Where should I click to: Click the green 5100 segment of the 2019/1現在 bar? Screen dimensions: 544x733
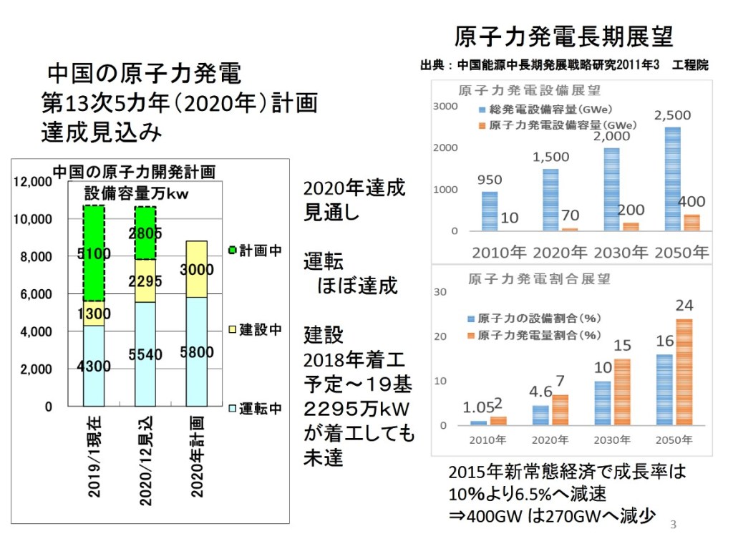tap(94, 254)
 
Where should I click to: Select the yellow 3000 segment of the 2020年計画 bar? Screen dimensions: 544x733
tap(196, 269)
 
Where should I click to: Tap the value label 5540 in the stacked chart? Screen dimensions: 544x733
tap(145, 354)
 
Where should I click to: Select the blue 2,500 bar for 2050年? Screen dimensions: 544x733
tap(672, 179)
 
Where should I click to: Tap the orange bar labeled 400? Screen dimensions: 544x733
tap(691, 222)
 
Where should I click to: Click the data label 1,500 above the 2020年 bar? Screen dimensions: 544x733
tap(551, 157)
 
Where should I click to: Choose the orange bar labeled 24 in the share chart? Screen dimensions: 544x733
tap(684, 371)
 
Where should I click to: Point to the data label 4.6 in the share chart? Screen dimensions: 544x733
tap(541, 392)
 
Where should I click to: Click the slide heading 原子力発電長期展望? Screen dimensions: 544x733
tap(564, 37)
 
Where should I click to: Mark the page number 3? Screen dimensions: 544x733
tap(673, 525)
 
